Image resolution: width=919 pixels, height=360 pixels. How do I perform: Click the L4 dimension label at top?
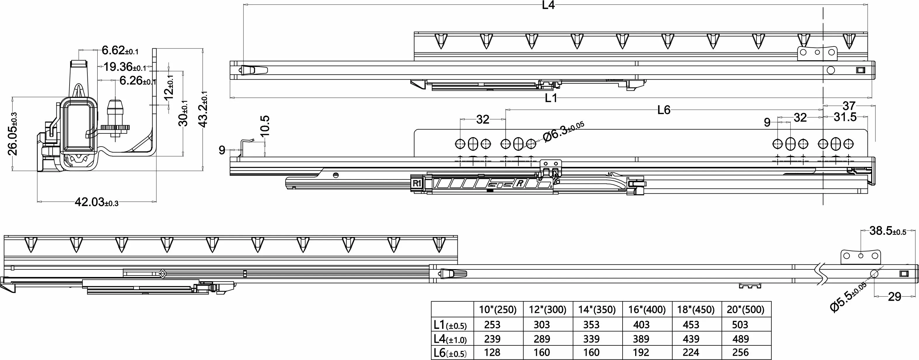(x=548, y=5)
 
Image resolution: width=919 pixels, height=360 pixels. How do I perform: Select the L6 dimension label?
(x=664, y=110)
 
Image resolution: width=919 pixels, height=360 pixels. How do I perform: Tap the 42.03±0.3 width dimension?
(x=96, y=202)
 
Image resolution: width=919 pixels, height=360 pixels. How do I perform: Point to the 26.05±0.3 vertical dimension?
(x=13, y=134)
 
